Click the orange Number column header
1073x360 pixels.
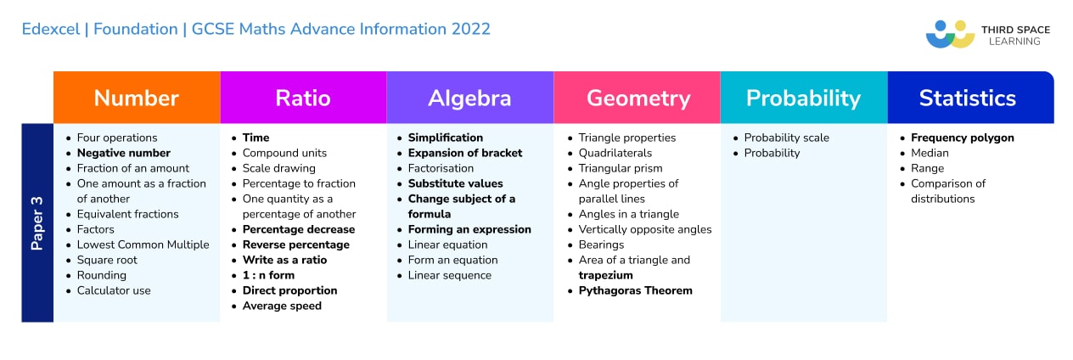(136, 98)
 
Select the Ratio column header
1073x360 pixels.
(302, 98)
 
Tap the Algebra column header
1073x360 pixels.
(469, 98)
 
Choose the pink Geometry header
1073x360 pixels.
(638, 98)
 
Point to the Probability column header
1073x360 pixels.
(803, 98)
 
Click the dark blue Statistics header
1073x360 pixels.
(967, 98)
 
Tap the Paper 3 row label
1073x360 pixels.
(37, 222)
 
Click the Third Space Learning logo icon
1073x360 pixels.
(949, 34)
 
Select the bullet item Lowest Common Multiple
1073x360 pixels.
(143, 245)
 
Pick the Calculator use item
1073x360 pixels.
(114, 290)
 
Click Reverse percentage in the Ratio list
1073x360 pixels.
(295, 245)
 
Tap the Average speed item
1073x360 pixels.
(282, 306)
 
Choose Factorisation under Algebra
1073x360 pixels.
(441, 168)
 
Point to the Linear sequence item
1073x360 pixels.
(449, 275)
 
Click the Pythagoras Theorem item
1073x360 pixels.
(635, 290)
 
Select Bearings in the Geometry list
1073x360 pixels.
(601, 245)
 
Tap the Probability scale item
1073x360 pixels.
(786, 138)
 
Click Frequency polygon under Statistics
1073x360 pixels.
(962, 138)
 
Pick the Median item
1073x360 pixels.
(930, 153)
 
